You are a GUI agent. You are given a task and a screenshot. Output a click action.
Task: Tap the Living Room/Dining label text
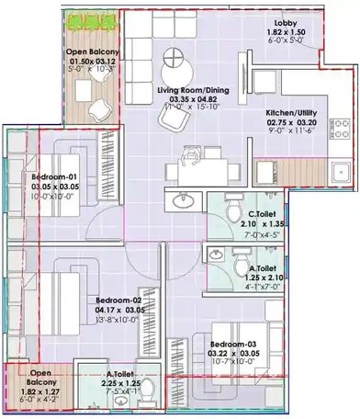click(193, 91)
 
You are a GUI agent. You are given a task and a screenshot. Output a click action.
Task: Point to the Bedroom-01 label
click(53, 175)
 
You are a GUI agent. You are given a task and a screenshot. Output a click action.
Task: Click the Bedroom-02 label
click(119, 300)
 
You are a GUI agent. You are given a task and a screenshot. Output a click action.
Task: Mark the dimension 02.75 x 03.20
click(290, 121)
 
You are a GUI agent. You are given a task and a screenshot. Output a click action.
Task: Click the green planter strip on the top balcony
click(89, 18)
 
